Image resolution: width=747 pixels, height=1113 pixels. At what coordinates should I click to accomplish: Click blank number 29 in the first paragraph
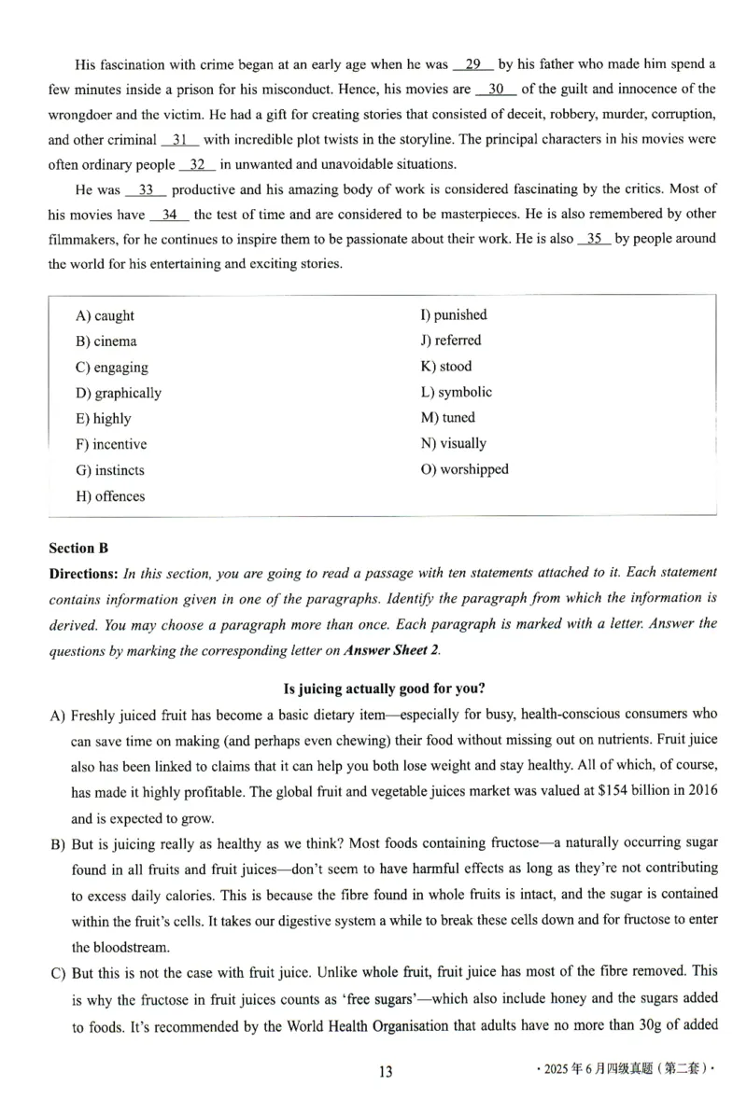click(473, 64)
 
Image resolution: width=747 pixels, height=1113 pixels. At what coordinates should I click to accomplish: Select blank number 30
click(496, 90)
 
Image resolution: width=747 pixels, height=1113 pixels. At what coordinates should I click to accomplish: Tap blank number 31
click(180, 140)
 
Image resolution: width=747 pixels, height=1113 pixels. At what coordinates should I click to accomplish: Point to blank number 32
click(196, 165)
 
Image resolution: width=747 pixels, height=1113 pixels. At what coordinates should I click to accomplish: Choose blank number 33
click(146, 190)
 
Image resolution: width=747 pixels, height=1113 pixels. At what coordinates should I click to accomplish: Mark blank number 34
click(169, 215)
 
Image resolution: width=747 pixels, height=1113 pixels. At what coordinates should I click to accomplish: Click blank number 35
click(594, 239)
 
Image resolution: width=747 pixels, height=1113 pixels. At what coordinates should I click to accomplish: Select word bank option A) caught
click(105, 316)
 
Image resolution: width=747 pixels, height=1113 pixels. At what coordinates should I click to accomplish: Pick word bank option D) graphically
click(118, 393)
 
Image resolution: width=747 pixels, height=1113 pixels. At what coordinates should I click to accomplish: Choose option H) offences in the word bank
click(110, 496)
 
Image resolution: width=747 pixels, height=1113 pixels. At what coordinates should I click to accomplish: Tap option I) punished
click(454, 315)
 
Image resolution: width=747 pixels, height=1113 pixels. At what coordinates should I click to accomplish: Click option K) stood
click(446, 367)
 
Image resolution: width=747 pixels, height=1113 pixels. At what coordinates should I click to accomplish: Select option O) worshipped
click(465, 469)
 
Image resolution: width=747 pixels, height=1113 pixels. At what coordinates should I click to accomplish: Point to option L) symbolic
click(457, 393)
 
